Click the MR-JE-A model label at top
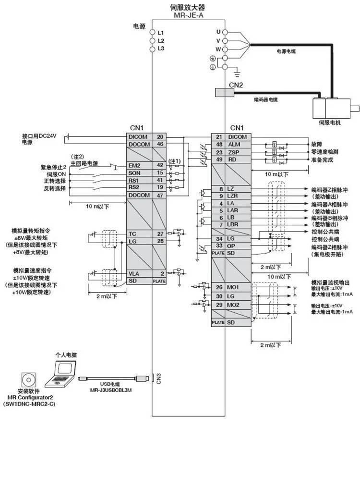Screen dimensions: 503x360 [x=188, y=14]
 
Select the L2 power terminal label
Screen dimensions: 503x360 [x=161, y=40]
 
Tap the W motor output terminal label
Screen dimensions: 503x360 [x=218, y=49]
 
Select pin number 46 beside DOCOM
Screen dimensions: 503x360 [x=160, y=144]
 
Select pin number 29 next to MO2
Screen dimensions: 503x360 [x=218, y=305]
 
